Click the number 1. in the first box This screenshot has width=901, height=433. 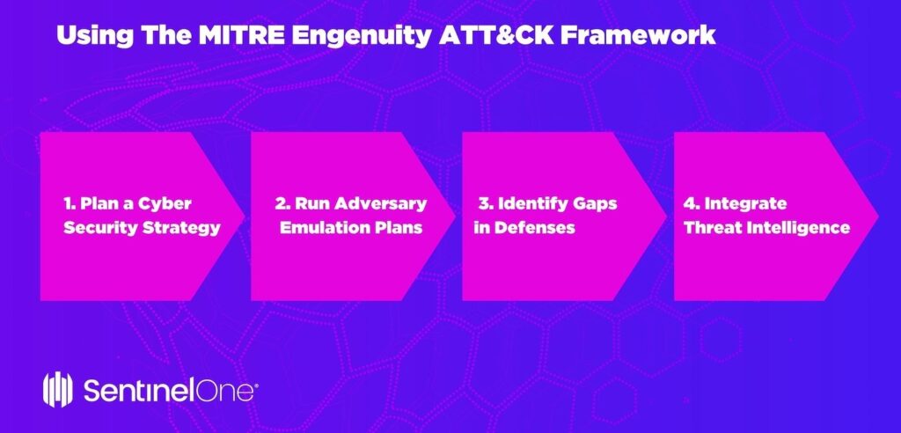click(x=70, y=203)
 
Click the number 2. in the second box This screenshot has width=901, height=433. click(x=282, y=203)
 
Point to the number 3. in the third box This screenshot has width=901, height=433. click(x=484, y=203)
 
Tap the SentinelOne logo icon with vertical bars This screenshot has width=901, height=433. click(x=57, y=389)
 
